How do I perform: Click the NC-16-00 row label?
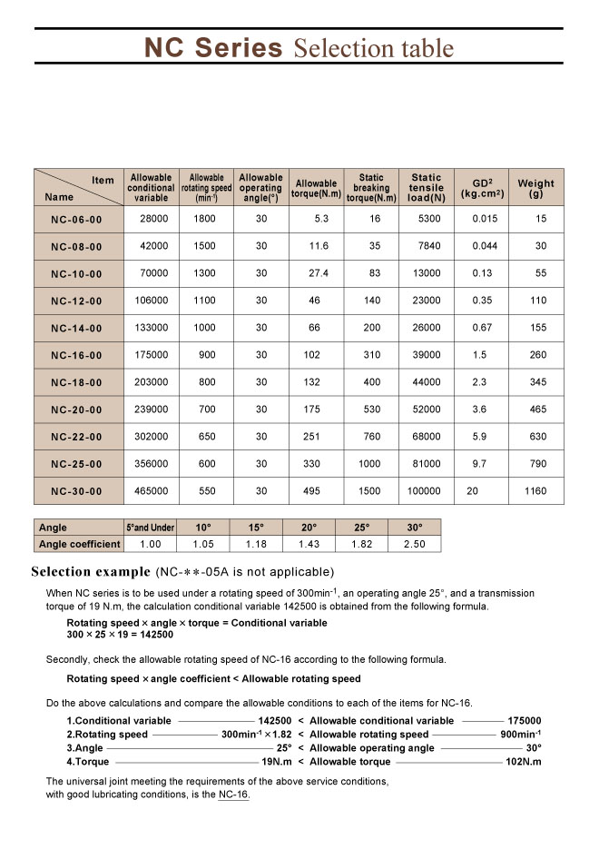click(x=76, y=355)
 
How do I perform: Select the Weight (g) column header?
click(x=535, y=188)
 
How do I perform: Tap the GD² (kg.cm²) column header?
click(x=482, y=188)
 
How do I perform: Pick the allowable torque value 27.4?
click(x=317, y=273)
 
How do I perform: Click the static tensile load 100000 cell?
click(x=424, y=491)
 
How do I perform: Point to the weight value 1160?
click(x=535, y=491)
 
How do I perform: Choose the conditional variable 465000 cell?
click(x=152, y=491)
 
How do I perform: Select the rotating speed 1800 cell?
click(x=206, y=219)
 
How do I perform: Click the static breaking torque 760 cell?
click(x=371, y=437)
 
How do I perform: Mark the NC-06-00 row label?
click(x=76, y=219)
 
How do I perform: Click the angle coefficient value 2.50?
click(x=414, y=544)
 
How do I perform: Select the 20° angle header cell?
click(x=309, y=527)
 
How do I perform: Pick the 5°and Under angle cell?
click(x=150, y=527)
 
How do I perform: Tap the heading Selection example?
click(x=91, y=572)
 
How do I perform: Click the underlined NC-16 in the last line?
click(x=233, y=795)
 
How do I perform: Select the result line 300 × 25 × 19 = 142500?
click(x=120, y=635)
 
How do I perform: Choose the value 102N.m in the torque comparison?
click(x=523, y=762)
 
